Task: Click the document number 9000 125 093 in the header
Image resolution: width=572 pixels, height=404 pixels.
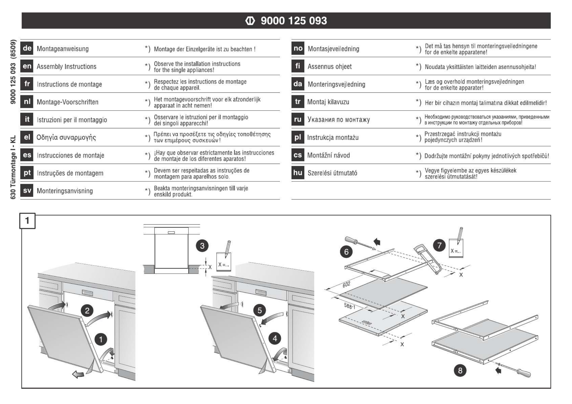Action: coord(294,21)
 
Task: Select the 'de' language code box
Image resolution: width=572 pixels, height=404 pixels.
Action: coord(27,48)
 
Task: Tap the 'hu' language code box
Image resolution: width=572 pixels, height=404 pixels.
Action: coord(298,173)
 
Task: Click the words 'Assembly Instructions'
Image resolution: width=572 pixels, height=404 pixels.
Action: coord(67,67)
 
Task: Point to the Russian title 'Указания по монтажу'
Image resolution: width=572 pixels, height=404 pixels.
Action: coord(339,120)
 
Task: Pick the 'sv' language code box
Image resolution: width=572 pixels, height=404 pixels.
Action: coord(27,191)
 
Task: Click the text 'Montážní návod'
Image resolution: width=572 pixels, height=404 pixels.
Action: coord(328,155)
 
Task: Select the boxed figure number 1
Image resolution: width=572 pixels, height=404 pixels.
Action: coord(27,221)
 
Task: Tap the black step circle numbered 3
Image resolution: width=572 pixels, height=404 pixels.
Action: coord(202,246)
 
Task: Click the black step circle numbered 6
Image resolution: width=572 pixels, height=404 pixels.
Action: coord(346,252)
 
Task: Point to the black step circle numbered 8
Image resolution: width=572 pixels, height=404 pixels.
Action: coord(460,370)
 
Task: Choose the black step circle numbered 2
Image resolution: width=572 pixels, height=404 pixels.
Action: coord(87,310)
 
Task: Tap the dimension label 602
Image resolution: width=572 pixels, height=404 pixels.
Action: coord(346,284)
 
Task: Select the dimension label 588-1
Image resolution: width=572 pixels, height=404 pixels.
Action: coord(349,306)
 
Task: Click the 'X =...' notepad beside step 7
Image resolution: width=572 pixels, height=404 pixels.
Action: coord(456,248)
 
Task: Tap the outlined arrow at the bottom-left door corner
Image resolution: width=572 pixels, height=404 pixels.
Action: coord(78,374)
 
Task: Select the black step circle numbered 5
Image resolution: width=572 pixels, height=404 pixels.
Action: coord(259,310)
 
